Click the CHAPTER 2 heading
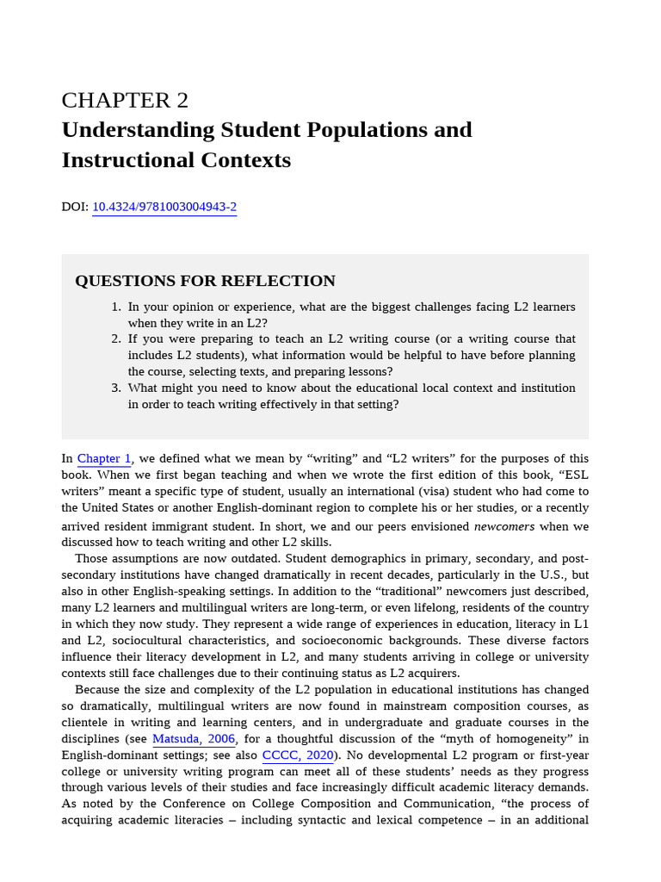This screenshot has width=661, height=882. tap(125, 101)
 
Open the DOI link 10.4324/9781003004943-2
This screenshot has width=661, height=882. tap(164, 207)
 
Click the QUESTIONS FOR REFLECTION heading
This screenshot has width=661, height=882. tap(205, 281)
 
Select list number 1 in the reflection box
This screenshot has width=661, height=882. tap(116, 307)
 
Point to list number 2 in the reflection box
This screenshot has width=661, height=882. tap(116, 339)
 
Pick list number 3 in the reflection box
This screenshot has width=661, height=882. tap(116, 388)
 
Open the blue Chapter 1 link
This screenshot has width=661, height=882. tap(104, 458)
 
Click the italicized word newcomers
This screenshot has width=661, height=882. tap(504, 526)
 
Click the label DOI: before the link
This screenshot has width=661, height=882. tap(75, 207)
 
